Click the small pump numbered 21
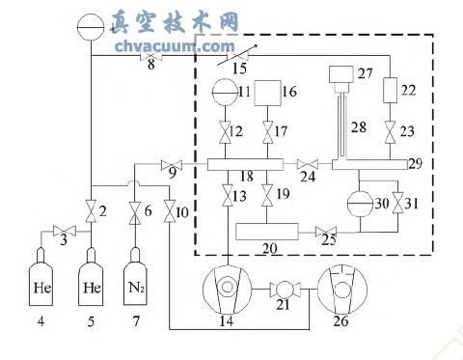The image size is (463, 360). coord(285,290)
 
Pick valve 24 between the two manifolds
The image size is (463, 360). coord(307,163)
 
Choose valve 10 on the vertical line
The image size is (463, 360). coord(171,209)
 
